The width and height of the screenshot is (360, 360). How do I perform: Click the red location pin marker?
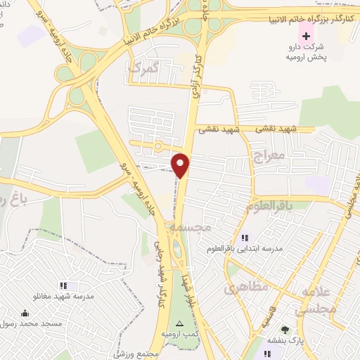coord(181,164)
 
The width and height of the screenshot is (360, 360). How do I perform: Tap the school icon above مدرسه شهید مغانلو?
coord(63,285)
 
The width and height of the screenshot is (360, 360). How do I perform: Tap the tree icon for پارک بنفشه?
coord(285,329)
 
